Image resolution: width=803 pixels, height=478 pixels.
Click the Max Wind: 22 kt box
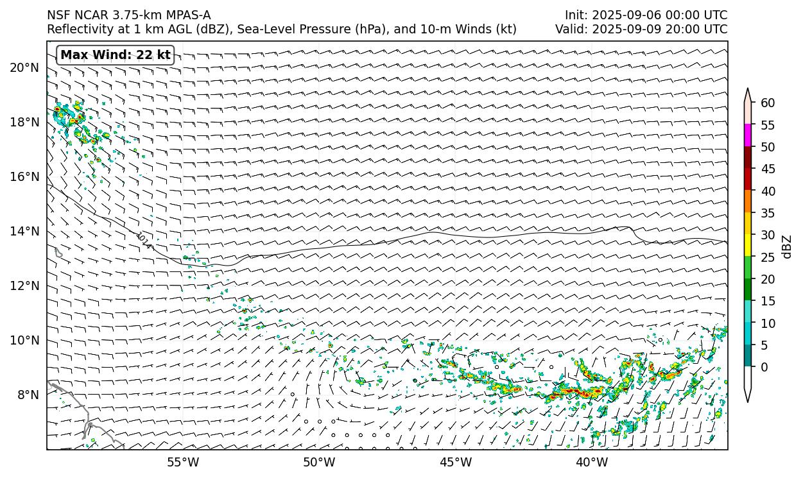pos(116,55)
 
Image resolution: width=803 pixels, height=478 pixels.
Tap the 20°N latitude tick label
pos(24,68)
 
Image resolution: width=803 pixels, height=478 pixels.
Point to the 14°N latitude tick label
pos(24,232)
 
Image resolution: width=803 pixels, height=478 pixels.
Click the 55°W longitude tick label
pos(183,462)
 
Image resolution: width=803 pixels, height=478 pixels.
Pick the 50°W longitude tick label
pos(319,462)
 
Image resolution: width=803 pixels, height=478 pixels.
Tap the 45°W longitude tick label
pos(456,462)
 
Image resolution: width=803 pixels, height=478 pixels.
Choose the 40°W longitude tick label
pos(592,462)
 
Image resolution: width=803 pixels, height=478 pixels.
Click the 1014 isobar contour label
pos(144,240)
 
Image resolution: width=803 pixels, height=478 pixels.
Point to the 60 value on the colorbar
pos(767,103)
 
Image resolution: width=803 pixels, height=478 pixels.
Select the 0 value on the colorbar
pos(764,367)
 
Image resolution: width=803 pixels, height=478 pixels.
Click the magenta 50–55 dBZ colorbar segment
pos(748,135)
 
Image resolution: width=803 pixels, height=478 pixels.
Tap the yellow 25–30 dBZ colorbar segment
pos(748,246)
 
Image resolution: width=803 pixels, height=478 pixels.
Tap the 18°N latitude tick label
pos(24,123)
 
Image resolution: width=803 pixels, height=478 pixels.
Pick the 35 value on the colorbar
pos(767,213)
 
